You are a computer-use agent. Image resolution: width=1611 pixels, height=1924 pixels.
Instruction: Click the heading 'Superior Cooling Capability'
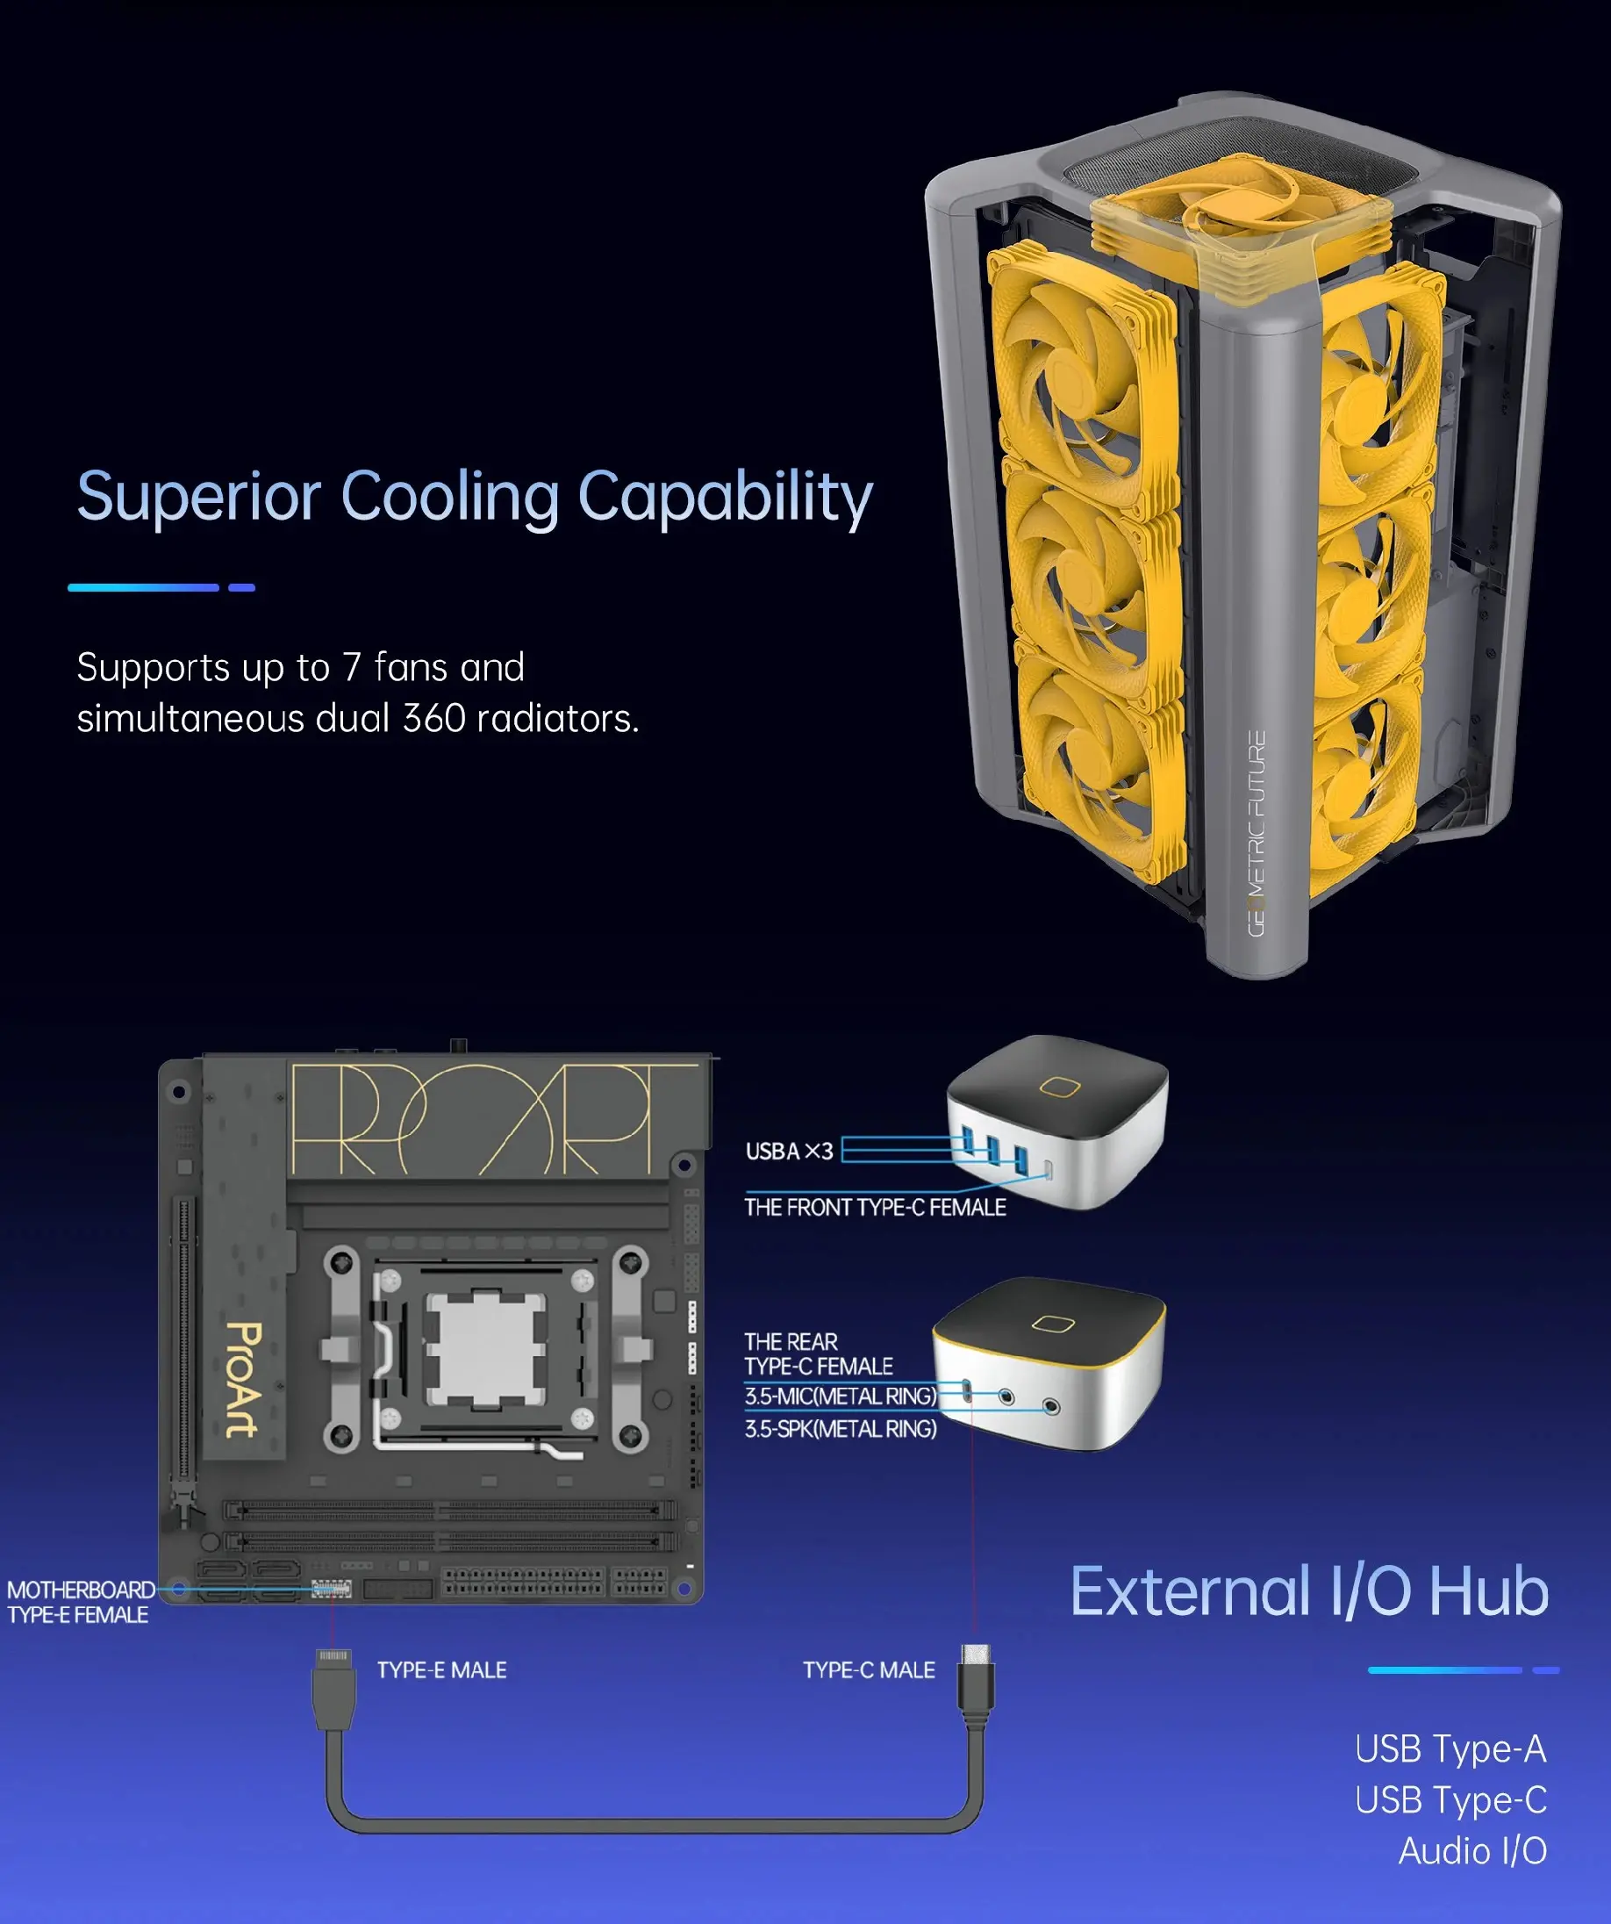pyautogui.click(x=475, y=498)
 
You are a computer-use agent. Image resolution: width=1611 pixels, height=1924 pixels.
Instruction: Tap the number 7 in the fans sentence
pyautogui.click(x=352, y=667)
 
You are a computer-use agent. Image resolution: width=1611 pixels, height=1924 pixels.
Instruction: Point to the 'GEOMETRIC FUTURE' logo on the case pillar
pyautogui.click(x=1257, y=833)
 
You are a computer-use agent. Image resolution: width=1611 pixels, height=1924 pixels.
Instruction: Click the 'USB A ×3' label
pyautogui.click(x=790, y=1151)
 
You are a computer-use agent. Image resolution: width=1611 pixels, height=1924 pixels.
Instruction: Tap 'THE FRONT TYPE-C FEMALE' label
pyautogui.click(x=875, y=1208)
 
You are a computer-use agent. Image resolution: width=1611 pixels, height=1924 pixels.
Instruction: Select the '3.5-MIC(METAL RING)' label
pyautogui.click(x=841, y=1396)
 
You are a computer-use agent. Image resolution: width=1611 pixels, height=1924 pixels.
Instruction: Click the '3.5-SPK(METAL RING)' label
pyautogui.click(x=841, y=1428)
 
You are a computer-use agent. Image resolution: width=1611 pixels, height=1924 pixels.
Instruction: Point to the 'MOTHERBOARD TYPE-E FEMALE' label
pyautogui.click(x=81, y=1602)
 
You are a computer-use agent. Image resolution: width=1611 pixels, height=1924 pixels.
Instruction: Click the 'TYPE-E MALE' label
pyautogui.click(x=441, y=1670)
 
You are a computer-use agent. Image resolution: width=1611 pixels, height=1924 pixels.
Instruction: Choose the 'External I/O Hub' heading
pyautogui.click(x=1310, y=1591)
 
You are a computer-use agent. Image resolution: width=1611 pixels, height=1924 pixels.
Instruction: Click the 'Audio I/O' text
pyautogui.click(x=1472, y=1850)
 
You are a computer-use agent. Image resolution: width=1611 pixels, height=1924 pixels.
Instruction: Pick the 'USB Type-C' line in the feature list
pyautogui.click(x=1450, y=1799)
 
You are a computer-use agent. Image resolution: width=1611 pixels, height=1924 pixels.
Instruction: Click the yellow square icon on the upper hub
pyautogui.click(x=1060, y=1088)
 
